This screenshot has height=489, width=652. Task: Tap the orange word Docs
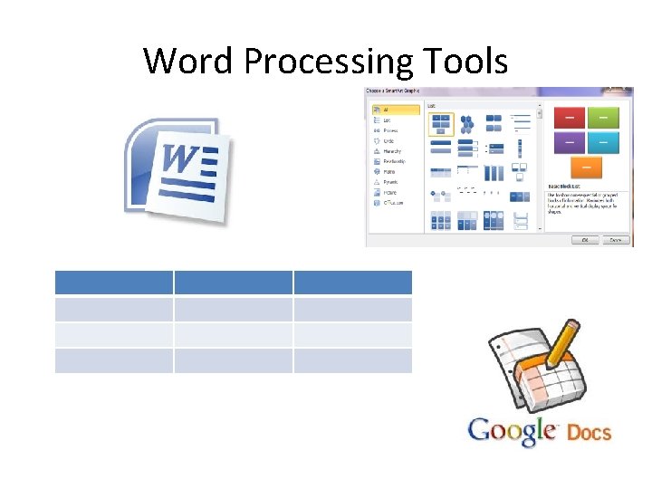[x=589, y=432]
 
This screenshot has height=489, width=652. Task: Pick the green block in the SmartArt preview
[x=602, y=117]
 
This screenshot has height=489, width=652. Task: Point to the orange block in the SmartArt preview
[x=587, y=166]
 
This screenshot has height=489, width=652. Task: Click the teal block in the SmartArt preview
[x=602, y=141]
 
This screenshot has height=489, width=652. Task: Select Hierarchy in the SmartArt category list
[x=392, y=151]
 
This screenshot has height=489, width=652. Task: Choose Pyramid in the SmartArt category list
[x=391, y=182]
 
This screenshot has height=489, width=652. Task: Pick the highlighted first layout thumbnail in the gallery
[x=441, y=124]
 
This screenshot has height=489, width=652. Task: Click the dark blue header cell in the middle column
[x=234, y=282]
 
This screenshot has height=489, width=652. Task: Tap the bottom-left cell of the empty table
[x=113, y=361]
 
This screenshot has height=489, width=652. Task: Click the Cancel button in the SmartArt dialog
[x=615, y=240]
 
